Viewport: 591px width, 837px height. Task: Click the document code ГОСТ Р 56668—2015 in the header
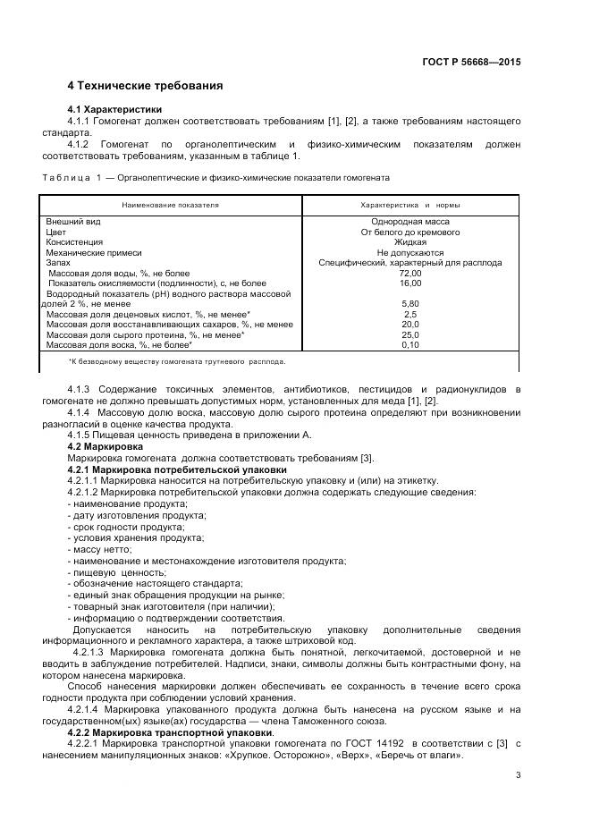point(471,63)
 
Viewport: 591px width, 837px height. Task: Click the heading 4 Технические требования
point(145,86)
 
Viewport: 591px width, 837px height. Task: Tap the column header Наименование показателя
point(171,205)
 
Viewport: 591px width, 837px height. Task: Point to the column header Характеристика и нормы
point(409,205)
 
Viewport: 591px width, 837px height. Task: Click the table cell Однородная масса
point(409,221)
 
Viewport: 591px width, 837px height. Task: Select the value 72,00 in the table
point(409,273)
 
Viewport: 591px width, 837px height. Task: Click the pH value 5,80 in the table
point(409,303)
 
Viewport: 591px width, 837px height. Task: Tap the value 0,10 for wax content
point(409,344)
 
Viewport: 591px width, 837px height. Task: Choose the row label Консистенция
point(74,241)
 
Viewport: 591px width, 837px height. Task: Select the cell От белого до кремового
point(409,232)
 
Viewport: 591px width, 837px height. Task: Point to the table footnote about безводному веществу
point(177,362)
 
